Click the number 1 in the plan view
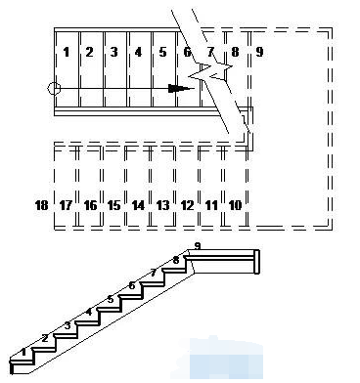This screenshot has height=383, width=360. coord(67,52)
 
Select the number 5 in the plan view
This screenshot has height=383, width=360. coord(162,52)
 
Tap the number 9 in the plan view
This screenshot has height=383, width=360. coord(259,52)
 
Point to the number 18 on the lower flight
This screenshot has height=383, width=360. coord(41,205)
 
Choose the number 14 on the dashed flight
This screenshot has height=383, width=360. coord(138,205)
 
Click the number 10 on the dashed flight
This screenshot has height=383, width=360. coord(235,205)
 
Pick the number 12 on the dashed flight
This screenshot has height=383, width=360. coord(187,205)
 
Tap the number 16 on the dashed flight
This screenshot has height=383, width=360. coord(90,205)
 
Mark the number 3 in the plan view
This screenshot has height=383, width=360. coord(113,52)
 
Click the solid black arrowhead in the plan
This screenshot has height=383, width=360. coord(178,88)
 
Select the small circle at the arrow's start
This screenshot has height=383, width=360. coord(54,88)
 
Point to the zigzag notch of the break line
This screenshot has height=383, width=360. coord(210,70)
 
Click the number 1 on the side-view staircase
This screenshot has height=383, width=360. coord(23,352)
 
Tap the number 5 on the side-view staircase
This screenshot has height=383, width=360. coord(111,299)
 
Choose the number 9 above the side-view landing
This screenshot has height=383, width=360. coord(197,246)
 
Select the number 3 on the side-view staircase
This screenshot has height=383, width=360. coord(67,325)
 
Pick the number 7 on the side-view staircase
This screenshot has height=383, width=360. coord(154,273)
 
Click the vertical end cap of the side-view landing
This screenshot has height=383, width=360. coord(257,262)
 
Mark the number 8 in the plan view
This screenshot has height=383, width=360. coord(235,52)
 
